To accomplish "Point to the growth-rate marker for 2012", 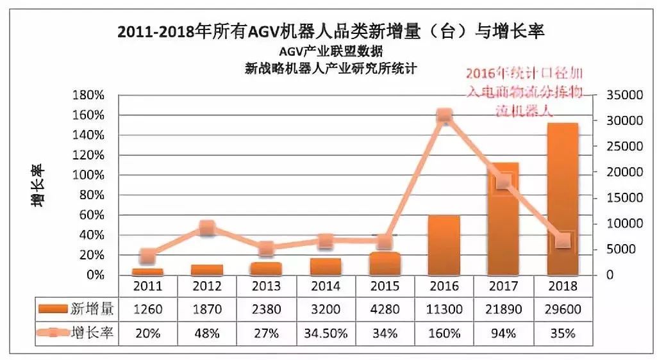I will (x=207, y=227).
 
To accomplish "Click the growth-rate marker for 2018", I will (x=563, y=240).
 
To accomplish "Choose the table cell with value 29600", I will (x=563, y=310).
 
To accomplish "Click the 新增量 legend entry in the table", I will (x=77, y=310).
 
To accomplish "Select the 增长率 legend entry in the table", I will (x=77, y=333).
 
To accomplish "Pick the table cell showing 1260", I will (x=148, y=310).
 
